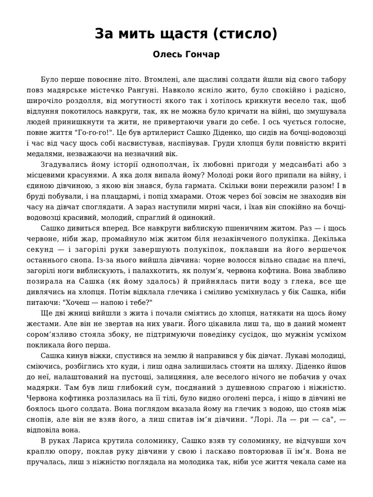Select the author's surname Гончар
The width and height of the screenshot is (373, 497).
[201, 54]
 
